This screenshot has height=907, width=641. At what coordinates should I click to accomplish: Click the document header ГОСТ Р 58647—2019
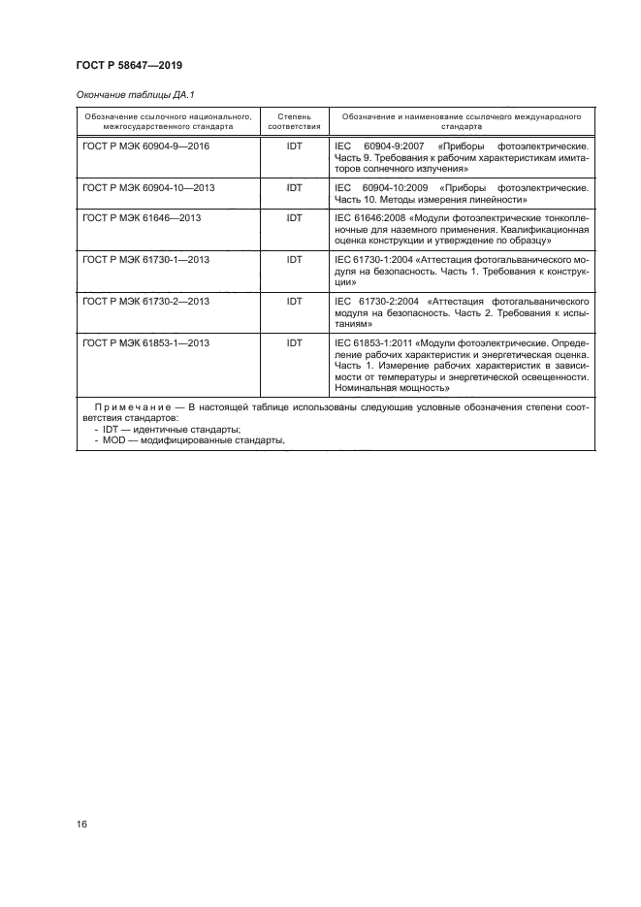point(129,65)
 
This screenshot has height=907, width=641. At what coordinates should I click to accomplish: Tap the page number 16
point(82,824)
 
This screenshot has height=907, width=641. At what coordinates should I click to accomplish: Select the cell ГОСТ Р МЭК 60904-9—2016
point(146,146)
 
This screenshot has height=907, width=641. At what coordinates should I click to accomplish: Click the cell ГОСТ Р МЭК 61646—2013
point(142,218)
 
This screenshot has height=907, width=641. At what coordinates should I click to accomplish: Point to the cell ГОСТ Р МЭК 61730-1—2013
point(146,261)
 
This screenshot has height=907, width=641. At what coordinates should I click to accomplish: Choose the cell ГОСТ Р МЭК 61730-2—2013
point(146,303)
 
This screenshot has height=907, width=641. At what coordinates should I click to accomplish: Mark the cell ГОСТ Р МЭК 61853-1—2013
point(146,344)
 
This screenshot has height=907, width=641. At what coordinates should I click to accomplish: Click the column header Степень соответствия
point(295,120)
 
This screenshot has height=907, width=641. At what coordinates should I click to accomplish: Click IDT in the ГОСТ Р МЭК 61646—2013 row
point(295,218)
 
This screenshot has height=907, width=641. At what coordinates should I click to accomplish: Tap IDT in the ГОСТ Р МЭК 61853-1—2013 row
point(295,344)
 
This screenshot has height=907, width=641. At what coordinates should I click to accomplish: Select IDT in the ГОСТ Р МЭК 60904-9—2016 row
point(295,146)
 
